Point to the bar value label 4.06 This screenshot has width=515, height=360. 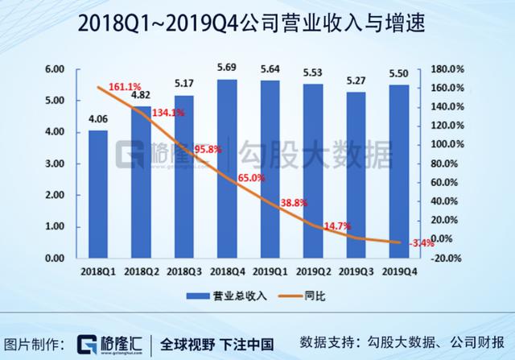[98, 120]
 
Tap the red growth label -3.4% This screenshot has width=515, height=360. [421, 242]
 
